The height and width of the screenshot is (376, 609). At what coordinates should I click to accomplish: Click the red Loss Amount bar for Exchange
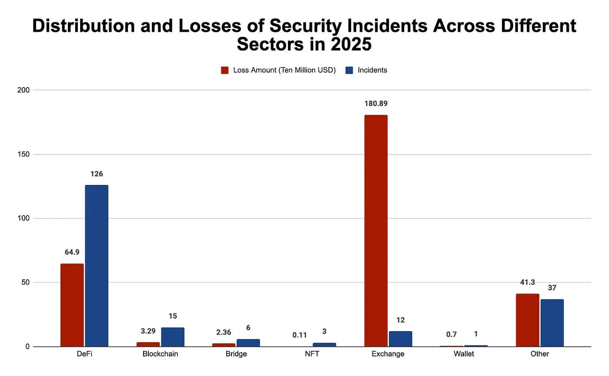coord(376,231)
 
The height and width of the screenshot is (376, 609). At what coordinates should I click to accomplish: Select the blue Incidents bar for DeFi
coord(97,266)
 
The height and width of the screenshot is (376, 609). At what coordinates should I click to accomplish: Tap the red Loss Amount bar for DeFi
coord(72,305)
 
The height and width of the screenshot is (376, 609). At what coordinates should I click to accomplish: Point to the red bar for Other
coord(527,320)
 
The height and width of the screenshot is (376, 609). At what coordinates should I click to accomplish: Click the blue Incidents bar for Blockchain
coord(173,337)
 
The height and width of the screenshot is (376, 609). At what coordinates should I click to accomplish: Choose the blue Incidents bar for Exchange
coord(400,339)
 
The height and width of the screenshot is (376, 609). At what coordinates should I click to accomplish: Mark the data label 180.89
coord(376,104)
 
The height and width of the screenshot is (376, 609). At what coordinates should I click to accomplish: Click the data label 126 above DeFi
coord(97,174)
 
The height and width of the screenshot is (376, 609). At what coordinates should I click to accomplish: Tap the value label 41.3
coord(527,282)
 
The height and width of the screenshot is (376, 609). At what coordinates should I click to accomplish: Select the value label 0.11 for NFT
coord(299,335)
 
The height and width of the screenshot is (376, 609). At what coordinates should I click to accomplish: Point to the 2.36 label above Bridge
coord(224,332)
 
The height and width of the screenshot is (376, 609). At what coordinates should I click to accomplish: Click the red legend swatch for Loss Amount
coord(225,70)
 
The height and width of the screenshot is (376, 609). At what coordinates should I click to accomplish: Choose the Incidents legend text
coord(372,70)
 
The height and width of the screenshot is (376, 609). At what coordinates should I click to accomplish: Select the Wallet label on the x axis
coord(463,354)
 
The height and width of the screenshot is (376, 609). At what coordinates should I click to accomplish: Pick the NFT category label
coord(311,354)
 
